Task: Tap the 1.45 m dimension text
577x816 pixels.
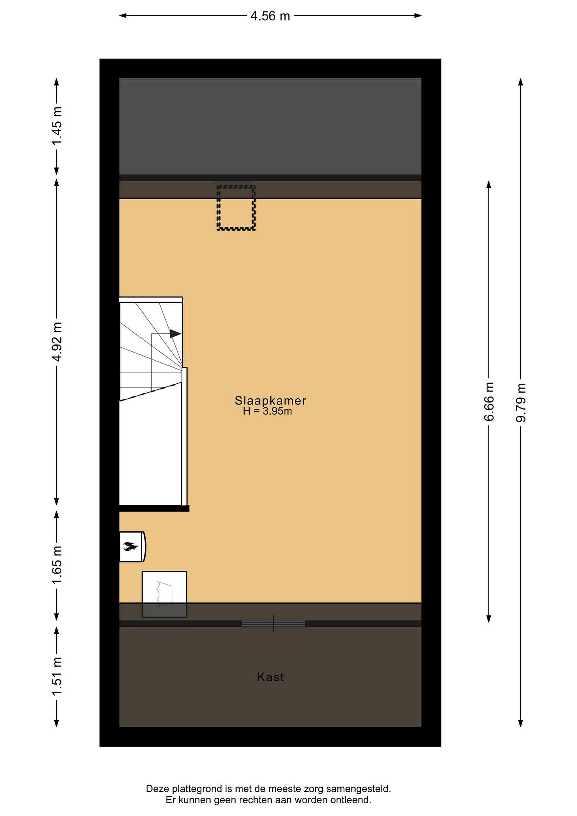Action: (57, 126)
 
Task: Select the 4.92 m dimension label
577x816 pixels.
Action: (57, 341)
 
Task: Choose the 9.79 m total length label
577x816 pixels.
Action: (521, 402)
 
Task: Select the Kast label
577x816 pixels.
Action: (271, 677)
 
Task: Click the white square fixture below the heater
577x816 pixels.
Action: (164, 594)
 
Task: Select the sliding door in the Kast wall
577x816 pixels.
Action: (273, 623)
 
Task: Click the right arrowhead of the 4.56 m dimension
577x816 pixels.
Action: (418, 15)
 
